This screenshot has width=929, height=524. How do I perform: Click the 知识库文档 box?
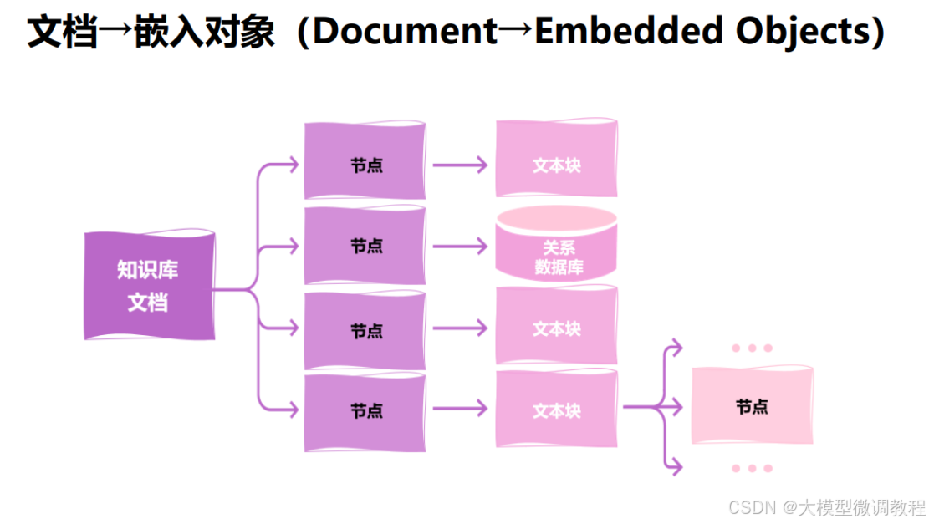[x=148, y=286]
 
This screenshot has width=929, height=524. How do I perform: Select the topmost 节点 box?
[x=365, y=162]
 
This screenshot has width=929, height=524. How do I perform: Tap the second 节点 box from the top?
[x=365, y=246]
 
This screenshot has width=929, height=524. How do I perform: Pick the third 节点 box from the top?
[x=365, y=329]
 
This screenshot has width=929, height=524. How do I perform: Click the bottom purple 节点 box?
[x=365, y=411]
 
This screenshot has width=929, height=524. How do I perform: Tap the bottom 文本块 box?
[x=556, y=410]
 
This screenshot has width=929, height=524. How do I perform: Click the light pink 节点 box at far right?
[x=752, y=406]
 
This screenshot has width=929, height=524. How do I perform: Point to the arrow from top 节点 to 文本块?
[x=459, y=165]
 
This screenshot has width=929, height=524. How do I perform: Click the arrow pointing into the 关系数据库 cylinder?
[x=459, y=247]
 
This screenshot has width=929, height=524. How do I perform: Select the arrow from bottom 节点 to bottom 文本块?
[x=459, y=409]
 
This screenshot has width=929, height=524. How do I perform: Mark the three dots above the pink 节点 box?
[x=752, y=348]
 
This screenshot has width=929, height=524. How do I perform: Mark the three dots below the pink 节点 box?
[x=752, y=469]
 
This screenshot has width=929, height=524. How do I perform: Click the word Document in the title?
[x=405, y=32]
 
